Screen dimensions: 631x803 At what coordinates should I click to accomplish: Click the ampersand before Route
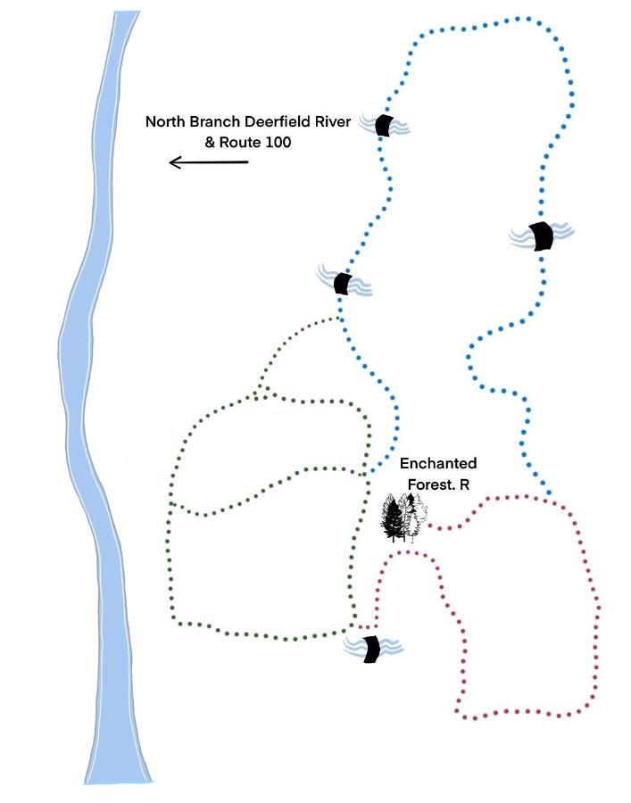click(210, 143)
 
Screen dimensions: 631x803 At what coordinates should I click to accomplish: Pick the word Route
click(237, 143)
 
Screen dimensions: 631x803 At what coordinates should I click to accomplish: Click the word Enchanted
click(438, 463)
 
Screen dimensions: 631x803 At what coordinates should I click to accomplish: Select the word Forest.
click(431, 484)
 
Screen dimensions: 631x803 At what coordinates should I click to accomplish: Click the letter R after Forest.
click(464, 484)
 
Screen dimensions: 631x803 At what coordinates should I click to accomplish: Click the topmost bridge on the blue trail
click(384, 126)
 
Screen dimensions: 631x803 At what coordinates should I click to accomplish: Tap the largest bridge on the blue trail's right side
click(541, 236)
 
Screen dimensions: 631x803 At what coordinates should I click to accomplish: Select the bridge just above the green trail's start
click(342, 283)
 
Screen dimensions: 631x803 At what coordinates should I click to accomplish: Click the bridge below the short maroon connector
click(371, 650)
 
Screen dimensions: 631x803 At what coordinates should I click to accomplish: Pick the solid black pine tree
click(394, 519)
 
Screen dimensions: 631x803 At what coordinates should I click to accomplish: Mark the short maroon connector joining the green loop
click(368, 627)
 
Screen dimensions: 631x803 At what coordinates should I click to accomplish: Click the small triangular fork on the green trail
click(263, 392)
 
